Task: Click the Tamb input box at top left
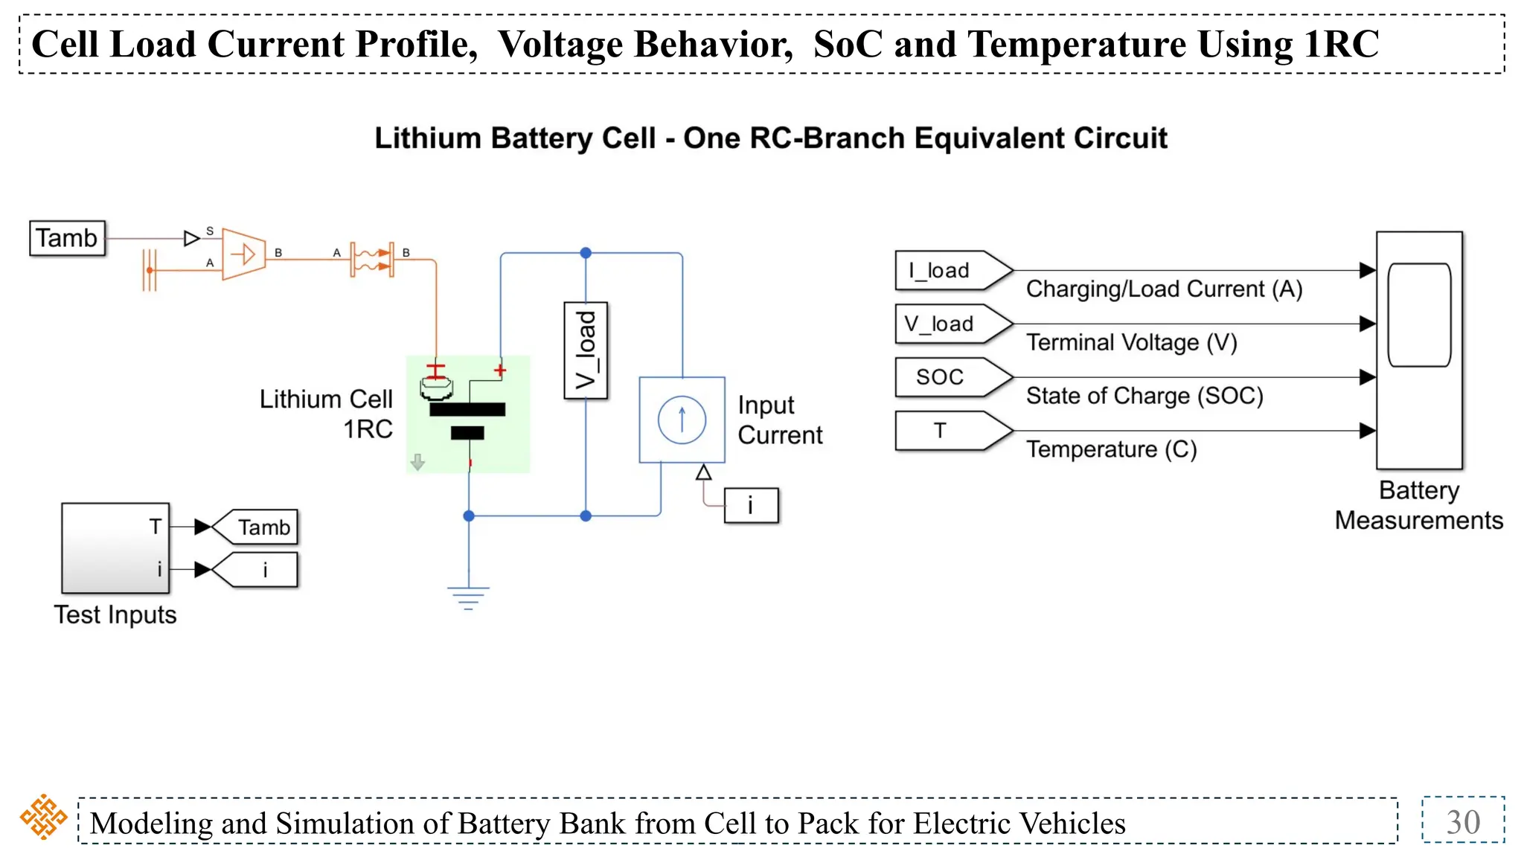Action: (x=67, y=238)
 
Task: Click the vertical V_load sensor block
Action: (x=586, y=350)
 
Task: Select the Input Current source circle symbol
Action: (x=682, y=420)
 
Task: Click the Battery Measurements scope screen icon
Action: (x=1419, y=315)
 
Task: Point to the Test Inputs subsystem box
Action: (x=115, y=548)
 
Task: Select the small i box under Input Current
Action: (x=751, y=506)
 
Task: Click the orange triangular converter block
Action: (x=243, y=255)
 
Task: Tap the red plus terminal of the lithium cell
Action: (x=500, y=370)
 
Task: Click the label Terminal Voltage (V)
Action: (x=1131, y=343)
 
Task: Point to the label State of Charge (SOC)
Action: (x=1144, y=396)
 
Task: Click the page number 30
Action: (x=1462, y=822)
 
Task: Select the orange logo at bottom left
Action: (x=43, y=817)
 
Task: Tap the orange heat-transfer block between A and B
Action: (x=371, y=259)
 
